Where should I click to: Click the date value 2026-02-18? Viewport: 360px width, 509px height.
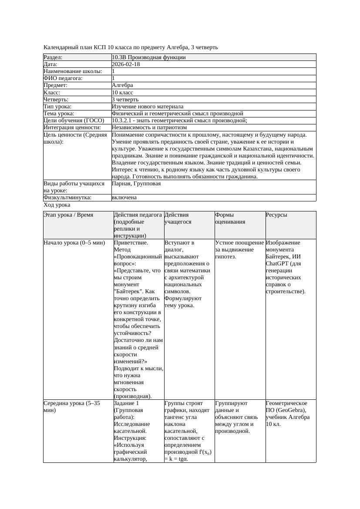(126, 64)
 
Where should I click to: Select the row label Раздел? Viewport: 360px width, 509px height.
(53, 57)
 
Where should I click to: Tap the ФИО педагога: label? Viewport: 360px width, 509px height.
(63, 78)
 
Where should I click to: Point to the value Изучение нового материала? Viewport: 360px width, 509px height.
(148, 107)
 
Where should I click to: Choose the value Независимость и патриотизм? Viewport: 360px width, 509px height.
(149, 127)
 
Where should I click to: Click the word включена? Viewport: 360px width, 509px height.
(124, 198)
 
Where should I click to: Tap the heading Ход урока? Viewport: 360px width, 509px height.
(57, 205)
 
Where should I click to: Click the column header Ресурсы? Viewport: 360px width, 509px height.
(276, 215)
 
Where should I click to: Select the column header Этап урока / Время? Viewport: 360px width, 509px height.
(68, 215)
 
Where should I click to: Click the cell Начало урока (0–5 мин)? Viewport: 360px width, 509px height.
(74, 243)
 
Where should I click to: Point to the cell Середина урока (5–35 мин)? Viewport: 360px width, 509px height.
(72, 406)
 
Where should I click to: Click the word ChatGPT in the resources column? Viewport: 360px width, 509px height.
(277, 264)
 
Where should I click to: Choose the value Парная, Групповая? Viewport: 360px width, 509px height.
(136, 184)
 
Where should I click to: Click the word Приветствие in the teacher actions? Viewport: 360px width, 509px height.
(131, 243)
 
